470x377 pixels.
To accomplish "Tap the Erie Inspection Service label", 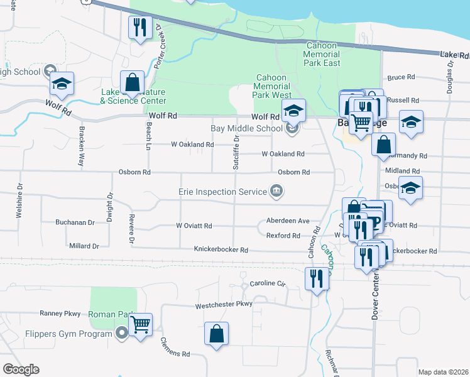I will (223, 191).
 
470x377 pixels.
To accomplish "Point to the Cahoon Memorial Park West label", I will (272, 86).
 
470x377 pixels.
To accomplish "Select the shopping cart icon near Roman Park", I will (141, 325).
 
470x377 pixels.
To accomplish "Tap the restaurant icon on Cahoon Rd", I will (316, 277).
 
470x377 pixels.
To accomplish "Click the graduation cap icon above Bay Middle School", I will (293, 110).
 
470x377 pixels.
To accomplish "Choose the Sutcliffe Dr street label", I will (236, 155).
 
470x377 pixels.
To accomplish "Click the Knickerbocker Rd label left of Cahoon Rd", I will (221, 249).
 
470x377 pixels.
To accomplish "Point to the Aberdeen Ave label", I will (287, 221).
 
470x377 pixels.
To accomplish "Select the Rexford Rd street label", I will (283, 236).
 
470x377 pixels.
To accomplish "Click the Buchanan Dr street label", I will (75, 222).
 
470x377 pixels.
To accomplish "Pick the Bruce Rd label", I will (402, 77).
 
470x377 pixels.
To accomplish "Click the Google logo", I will (21, 369).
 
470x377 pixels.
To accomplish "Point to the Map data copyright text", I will (442, 372).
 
